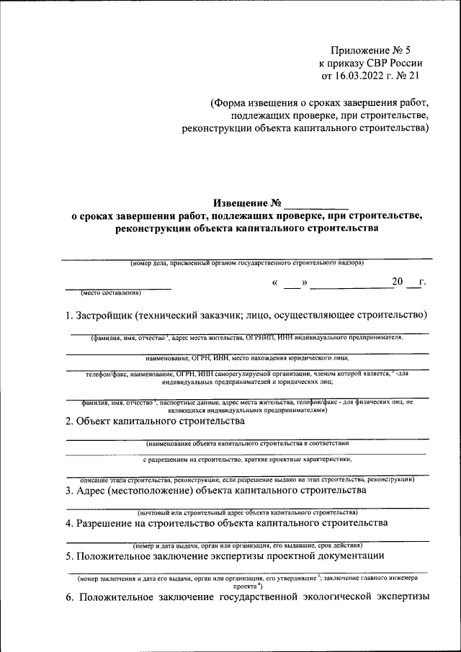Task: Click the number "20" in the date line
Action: point(398,282)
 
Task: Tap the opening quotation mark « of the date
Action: point(275,282)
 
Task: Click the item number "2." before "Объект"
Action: point(69,421)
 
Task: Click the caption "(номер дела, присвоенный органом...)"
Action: point(246,263)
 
